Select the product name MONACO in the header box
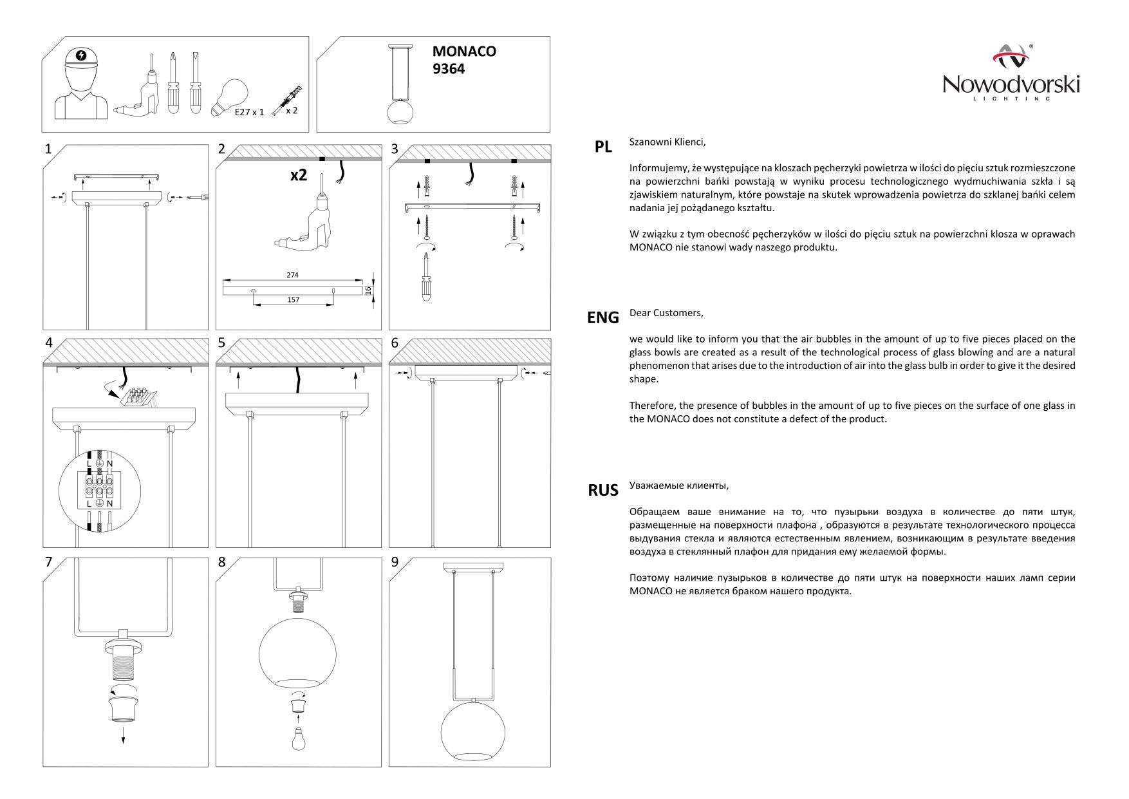point(464,52)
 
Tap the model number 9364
point(449,69)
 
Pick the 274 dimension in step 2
point(292,275)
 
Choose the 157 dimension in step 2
point(293,299)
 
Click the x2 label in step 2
point(298,174)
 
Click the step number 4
point(49,343)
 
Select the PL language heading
point(603,147)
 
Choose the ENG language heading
point(603,317)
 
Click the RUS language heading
point(603,490)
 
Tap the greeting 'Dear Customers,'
point(666,313)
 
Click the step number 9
point(395,562)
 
